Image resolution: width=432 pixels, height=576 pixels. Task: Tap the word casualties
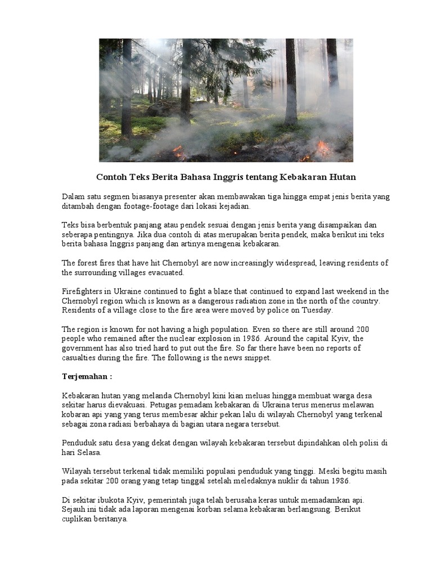pos(80,358)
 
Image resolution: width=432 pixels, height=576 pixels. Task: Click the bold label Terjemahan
pos(85,376)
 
